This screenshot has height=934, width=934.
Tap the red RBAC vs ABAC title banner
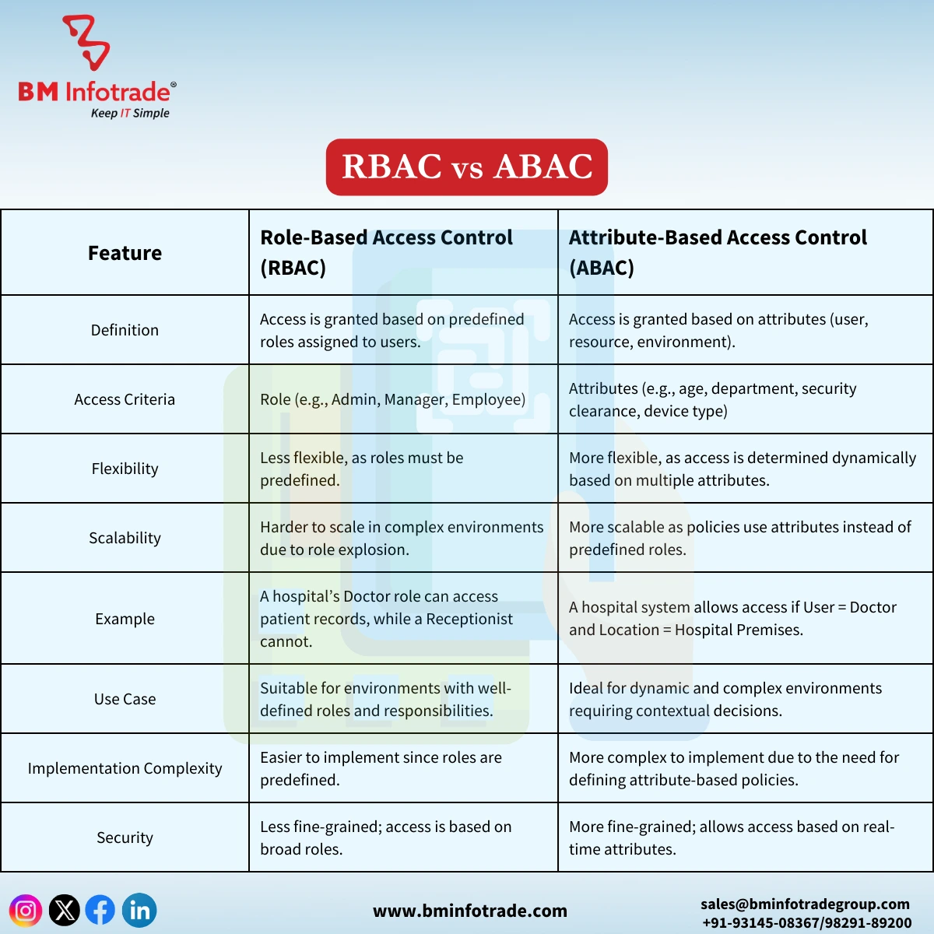click(x=467, y=167)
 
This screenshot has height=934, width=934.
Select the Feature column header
click(x=125, y=253)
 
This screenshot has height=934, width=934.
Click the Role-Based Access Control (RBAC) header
click(x=386, y=252)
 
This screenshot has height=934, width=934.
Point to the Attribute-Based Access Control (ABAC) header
click(x=718, y=252)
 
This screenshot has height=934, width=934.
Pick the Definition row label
click(x=125, y=330)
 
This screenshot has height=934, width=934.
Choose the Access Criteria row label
click(x=125, y=399)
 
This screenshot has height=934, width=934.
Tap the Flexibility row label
click(x=125, y=469)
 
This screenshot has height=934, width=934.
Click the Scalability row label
click(x=125, y=538)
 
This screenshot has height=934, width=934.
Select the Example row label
click(x=125, y=619)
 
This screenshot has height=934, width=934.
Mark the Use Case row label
click(x=125, y=699)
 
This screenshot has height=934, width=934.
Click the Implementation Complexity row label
click(x=125, y=768)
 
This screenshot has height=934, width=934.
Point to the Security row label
click(x=125, y=837)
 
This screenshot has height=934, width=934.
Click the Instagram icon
click(x=26, y=910)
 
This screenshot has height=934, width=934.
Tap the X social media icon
click(x=65, y=910)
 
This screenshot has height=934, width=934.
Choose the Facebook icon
click(x=100, y=910)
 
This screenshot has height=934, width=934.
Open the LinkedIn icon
click(x=140, y=910)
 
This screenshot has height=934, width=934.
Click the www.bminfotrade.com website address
click(x=470, y=911)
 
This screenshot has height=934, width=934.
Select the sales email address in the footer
click(x=805, y=904)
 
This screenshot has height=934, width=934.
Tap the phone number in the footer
click(x=806, y=922)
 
